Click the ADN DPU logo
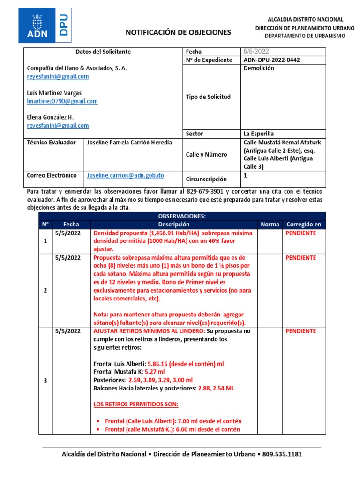[45, 25]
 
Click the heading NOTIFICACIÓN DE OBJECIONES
[178, 32]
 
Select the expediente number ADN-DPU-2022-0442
[272, 60]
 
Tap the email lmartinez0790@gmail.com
[62, 101]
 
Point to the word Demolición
[259, 68]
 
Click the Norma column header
[270, 225]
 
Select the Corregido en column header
[304, 225]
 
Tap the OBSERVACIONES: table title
[182, 216]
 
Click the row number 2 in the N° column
[45, 290]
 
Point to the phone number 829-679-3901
[204, 192]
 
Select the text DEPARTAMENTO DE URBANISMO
[305, 36]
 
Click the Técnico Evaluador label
[52, 142]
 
